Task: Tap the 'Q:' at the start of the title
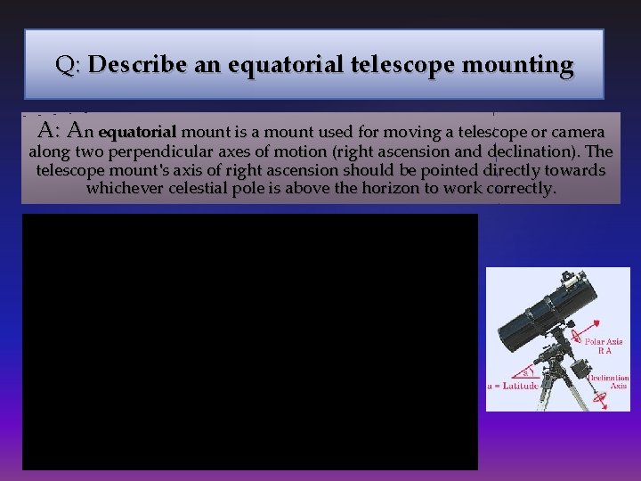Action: (69, 65)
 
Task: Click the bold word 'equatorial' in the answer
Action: (138, 133)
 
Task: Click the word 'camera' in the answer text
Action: (578, 133)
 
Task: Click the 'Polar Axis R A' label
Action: (604, 346)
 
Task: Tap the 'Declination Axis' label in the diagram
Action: (609, 381)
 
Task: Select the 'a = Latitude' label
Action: (514, 385)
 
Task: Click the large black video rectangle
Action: (249, 341)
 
